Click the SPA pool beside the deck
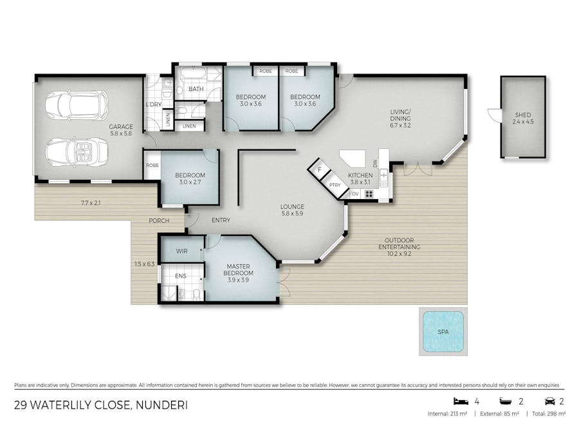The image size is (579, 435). [x=442, y=331]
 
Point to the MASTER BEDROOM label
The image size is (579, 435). [x=239, y=269]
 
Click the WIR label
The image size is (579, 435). [x=181, y=251]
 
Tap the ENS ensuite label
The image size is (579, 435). [x=181, y=276]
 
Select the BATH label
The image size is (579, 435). [x=196, y=89]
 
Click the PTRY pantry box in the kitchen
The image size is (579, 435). [x=334, y=185]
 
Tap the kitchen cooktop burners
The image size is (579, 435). [x=369, y=193]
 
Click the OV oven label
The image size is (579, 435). [x=354, y=193]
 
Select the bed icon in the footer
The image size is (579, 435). [x=458, y=401]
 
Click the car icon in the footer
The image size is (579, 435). [x=550, y=401]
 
